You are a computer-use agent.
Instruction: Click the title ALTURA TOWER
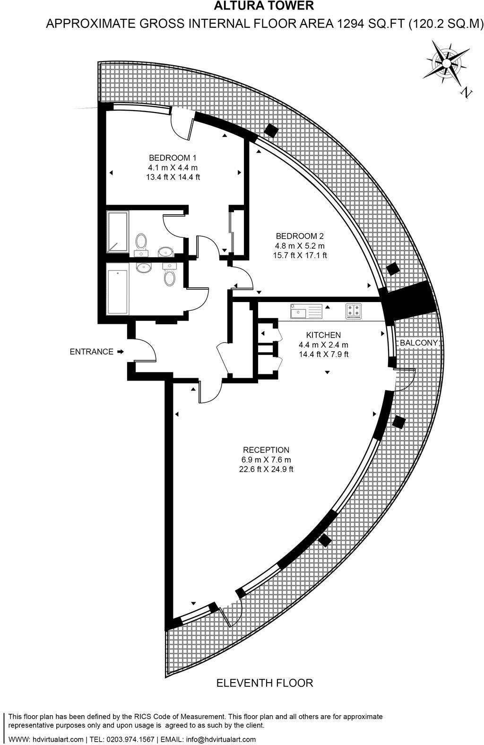tap(264, 6)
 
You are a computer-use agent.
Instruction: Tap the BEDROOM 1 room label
tap(173, 158)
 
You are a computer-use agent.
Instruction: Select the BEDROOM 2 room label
tap(300, 236)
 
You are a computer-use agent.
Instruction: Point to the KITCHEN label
tap(323, 335)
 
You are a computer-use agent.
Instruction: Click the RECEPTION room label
tap(266, 450)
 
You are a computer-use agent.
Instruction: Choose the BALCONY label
tap(419, 343)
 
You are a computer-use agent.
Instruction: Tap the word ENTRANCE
tap(92, 352)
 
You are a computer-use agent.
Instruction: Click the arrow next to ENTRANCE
tap(121, 352)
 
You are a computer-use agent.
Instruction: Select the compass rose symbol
tap(446, 61)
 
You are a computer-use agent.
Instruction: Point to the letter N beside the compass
tap(467, 93)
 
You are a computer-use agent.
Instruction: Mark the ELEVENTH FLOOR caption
tap(265, 683)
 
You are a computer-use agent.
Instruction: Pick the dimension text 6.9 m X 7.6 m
tap(266, 459)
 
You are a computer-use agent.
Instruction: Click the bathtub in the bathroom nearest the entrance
tap(118, 292)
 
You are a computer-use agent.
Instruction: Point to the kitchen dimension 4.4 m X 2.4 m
tap(323, 345)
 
